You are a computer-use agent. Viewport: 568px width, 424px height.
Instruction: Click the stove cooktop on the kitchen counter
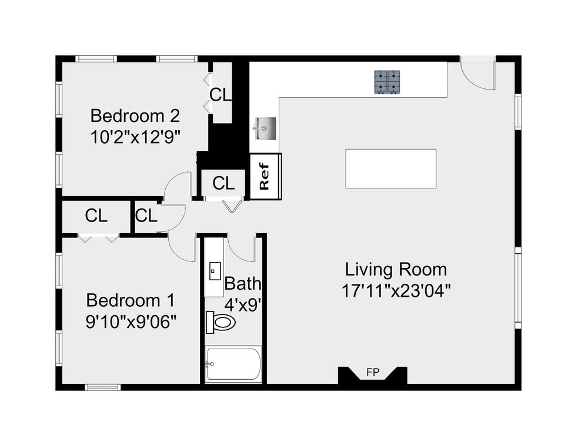(x=387, y=82)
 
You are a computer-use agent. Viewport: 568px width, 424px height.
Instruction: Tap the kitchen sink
(x=266, y=128)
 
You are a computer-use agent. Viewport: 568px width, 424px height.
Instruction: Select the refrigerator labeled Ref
(x=266, y=177)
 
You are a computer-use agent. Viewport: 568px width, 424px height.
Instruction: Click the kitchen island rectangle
(x=390, y=168)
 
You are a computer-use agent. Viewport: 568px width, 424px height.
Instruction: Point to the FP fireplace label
(x=373, y=372)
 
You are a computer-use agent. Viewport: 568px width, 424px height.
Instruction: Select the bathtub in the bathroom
(x=233, y=364)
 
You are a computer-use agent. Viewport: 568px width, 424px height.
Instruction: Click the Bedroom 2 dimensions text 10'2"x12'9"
(x=135, y=137)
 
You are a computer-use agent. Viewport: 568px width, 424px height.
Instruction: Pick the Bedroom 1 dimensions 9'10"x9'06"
(x=131, y=322)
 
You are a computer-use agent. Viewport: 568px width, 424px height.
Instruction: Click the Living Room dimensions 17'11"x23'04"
(x=396, y=290)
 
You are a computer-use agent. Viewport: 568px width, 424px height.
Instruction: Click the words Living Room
(x=396, y=270)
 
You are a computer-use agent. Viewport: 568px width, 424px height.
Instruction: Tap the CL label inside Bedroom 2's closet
(x=220, y=95)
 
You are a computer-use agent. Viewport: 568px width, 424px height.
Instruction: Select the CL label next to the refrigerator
(x=223, y=183)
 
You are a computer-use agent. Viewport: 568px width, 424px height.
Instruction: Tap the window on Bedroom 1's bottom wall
(x=103, y=387)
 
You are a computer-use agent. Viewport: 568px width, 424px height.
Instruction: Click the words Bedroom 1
(x=131, y=301)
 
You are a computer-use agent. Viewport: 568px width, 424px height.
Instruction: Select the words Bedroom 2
(x=135, y=116)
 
